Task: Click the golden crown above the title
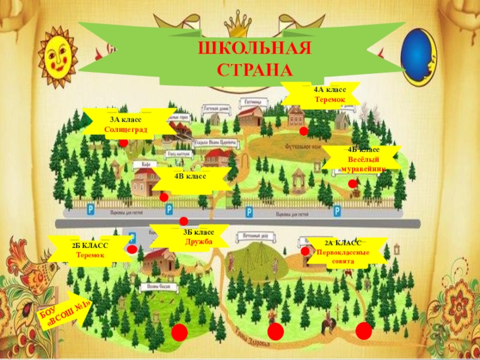239,24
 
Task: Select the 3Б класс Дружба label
190,236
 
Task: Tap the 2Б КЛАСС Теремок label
89,250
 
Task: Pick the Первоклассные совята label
343,253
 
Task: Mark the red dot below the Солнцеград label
123,143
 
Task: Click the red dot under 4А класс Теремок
304,131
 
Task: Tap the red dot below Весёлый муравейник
352,184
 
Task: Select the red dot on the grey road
184,221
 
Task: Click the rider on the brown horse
328,324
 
